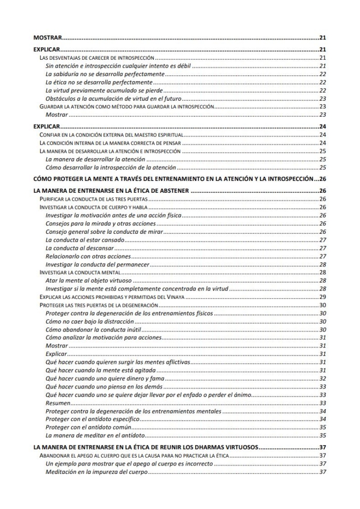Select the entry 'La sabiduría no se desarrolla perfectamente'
coord(104,73)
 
